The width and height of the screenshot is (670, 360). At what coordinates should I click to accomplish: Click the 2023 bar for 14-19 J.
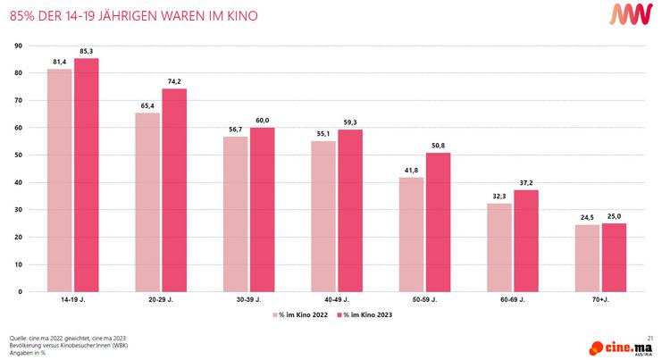pyautogui.click(x=87, y=175)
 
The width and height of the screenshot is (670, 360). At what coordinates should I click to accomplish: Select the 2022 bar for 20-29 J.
pyautogui.click(x=147, y=202)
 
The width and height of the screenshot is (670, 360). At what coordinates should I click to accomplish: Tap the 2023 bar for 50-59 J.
pyautogui.click(x=439, y=222)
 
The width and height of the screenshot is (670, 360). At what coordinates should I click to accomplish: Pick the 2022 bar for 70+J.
pyautogui.click(x=588, y=258)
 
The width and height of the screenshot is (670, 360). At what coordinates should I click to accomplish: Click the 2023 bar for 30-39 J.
pyautogui.click(x=263, y=210)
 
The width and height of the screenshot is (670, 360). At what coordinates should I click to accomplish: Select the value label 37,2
pyautogui.click(x=526, y=182)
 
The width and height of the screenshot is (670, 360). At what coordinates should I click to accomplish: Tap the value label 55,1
pyautogui.click(x=323, y=134)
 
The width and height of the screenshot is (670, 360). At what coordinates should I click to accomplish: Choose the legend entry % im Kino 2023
pyautogui.click(x=364, y=314)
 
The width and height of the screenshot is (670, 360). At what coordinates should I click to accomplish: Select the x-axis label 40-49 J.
pyautogui.click(x=337, y=301)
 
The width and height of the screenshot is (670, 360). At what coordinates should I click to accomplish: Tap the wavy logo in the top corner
pyautogui.click(x=637, y=15)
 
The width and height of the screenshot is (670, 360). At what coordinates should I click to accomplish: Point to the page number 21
pyautogui.click(x=651, y=337)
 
